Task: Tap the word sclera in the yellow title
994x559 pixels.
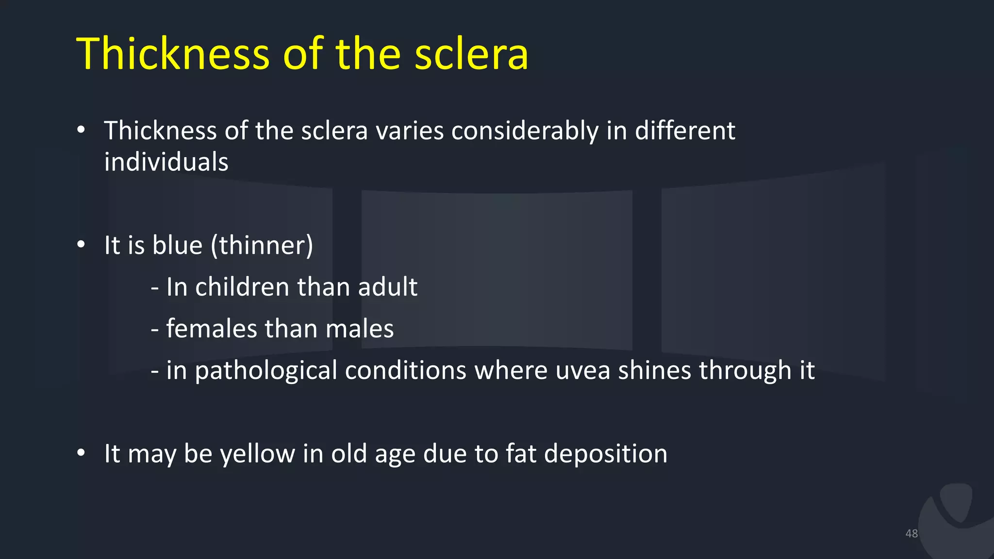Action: click(471, 54)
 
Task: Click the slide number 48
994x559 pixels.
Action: click(911, 533)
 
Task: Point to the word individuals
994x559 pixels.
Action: click(166, 162)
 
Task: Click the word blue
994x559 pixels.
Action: click(177, 245)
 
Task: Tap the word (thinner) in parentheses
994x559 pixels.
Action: click(262, 246)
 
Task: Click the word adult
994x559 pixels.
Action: click(387, 287)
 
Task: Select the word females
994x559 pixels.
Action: click(211, 329)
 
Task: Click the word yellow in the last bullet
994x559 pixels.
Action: click(257, 454)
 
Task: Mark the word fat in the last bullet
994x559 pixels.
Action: click(520, 454)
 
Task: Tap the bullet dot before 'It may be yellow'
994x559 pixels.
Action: click(81, 453)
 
